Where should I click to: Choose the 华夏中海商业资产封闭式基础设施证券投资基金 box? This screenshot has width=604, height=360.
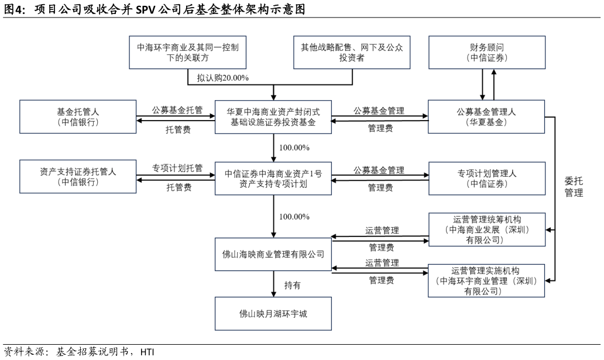pyautogui.click(x=273, y=116)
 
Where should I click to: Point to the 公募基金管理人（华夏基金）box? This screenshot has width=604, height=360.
pyautogui.click(x=487, y=116)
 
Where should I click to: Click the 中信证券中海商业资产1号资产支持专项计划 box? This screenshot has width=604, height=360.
pyautogui.click(x=273, y=177)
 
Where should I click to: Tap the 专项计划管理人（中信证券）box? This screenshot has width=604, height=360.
pyautogui.click(x=487, y=177)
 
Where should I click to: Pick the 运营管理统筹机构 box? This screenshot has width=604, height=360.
pyautogui.click(x=487, y=230)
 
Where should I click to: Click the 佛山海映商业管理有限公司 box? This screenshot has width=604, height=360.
pyautogui.click(x=273, y=255)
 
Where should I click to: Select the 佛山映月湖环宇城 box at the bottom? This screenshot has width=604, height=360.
pyautogui.click(x=273, y=313)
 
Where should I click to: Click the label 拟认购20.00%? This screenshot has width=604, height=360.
pyautogui.click(x=222, y=78)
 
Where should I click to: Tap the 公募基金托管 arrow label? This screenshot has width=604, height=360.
pyautogui.click(x=177, y=109)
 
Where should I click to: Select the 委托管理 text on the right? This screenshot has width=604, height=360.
pyautogui.click(x=574, y=187)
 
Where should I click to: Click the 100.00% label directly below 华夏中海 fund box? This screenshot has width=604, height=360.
pyautogui.click(x=294, y=147)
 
